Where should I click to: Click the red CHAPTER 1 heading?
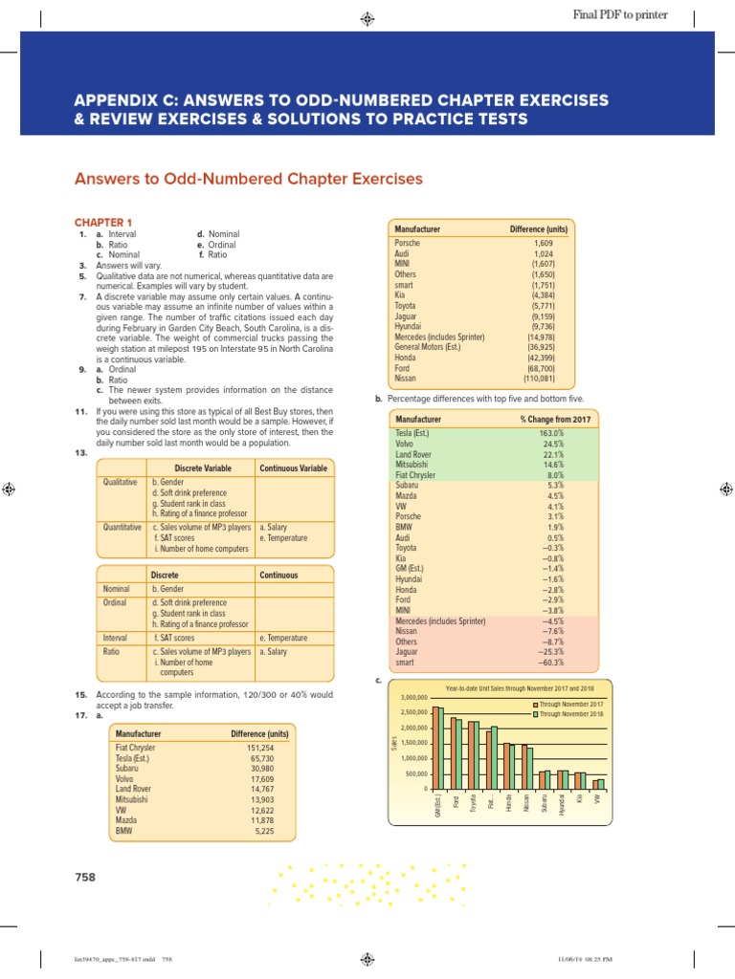click(106, 222)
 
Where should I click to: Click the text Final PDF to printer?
click(619, 15)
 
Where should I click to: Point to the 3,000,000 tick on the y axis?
click(410, 698)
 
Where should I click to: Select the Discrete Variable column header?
click(198, 468)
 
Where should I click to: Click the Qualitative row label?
click(122, 483)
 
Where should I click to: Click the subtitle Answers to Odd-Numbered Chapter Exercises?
click(248, 179)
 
